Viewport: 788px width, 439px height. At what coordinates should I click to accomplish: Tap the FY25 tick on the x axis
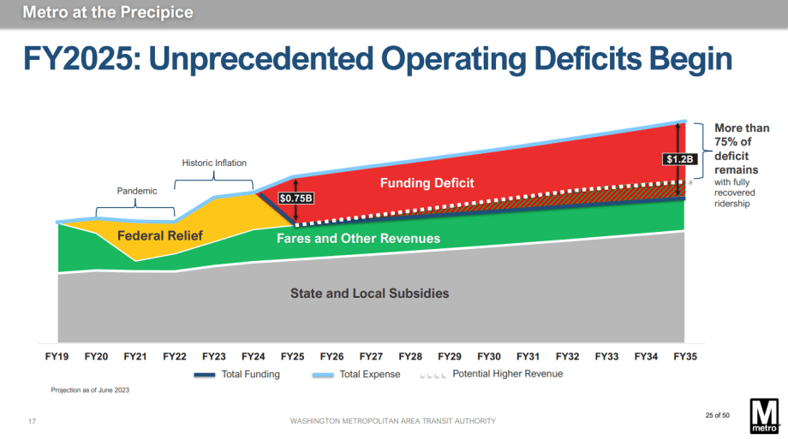click(x=292, y=356)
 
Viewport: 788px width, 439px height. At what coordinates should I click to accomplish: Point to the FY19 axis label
click(x=57, y=356)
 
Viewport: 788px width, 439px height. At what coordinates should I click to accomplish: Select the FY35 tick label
click(x=684, y=356)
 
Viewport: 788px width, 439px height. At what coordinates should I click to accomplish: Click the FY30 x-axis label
click(x=488, y=356)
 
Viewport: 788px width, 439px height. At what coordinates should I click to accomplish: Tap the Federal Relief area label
click(x=154, y=235)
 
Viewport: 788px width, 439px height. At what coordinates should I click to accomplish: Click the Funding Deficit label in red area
click(x=427, y=183)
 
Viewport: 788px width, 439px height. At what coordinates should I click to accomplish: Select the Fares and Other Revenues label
click(x=358, y=239)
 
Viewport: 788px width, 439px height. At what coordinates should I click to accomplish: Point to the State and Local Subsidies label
click(x=369, y=294)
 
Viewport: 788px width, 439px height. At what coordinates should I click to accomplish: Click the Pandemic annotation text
click(x=137, y=191)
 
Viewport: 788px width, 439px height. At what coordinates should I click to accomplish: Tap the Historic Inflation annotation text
click(x=214, y=163)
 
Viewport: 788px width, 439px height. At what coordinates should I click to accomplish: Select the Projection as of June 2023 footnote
click(x=90, y=390)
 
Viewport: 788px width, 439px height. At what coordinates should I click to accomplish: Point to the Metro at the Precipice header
click(x=109, y=13)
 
